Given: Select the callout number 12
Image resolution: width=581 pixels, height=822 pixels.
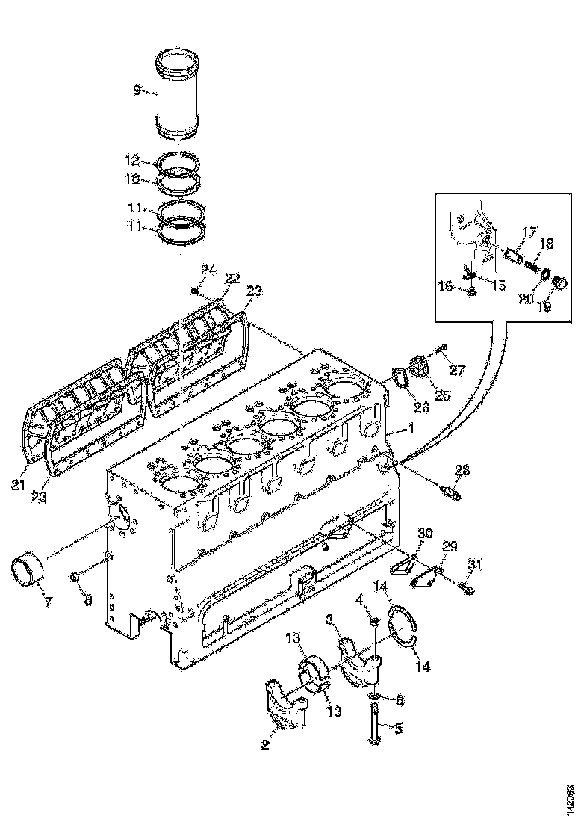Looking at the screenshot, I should pos(132,160).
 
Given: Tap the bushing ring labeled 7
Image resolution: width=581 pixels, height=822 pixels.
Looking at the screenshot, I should pos(28,569).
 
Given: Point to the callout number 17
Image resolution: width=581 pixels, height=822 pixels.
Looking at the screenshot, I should pos(529,233).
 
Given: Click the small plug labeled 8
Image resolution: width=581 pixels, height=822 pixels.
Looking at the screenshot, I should pos(75,577).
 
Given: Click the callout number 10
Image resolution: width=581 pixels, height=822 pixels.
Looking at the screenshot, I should pos(132,179).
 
